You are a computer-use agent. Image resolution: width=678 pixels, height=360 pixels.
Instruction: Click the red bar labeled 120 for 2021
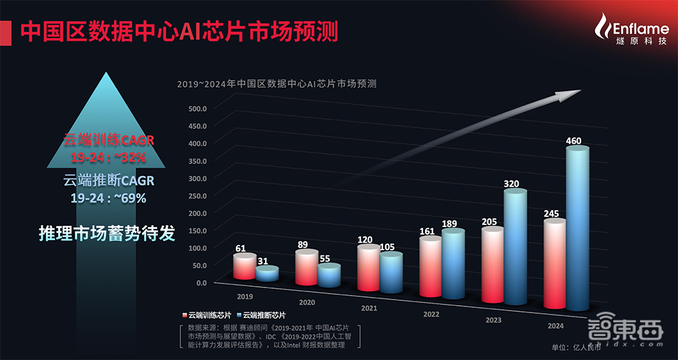pos(369,268)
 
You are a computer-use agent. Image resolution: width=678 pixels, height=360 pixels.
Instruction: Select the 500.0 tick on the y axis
pos(197,108)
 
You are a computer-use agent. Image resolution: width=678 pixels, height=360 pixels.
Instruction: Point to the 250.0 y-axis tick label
pos(197,195)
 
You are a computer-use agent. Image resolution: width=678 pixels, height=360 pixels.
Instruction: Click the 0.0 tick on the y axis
pos(201,282)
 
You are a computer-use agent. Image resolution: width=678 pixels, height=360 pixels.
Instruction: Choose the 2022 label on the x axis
pos(431,315)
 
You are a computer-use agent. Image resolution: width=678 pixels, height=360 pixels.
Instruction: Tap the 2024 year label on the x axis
pos(555,325)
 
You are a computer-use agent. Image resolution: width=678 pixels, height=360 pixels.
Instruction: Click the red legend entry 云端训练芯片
pos(210,315)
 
